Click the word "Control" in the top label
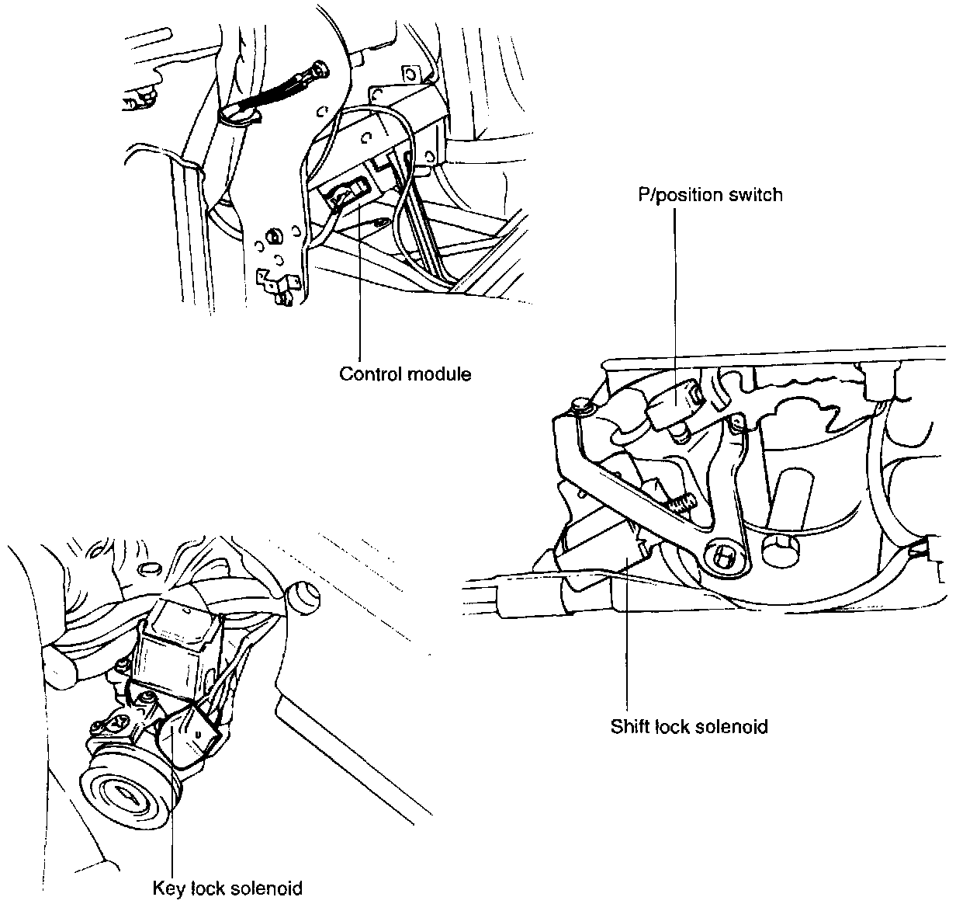(367, 374)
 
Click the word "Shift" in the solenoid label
(629, 727)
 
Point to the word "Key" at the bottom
(168, 887)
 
